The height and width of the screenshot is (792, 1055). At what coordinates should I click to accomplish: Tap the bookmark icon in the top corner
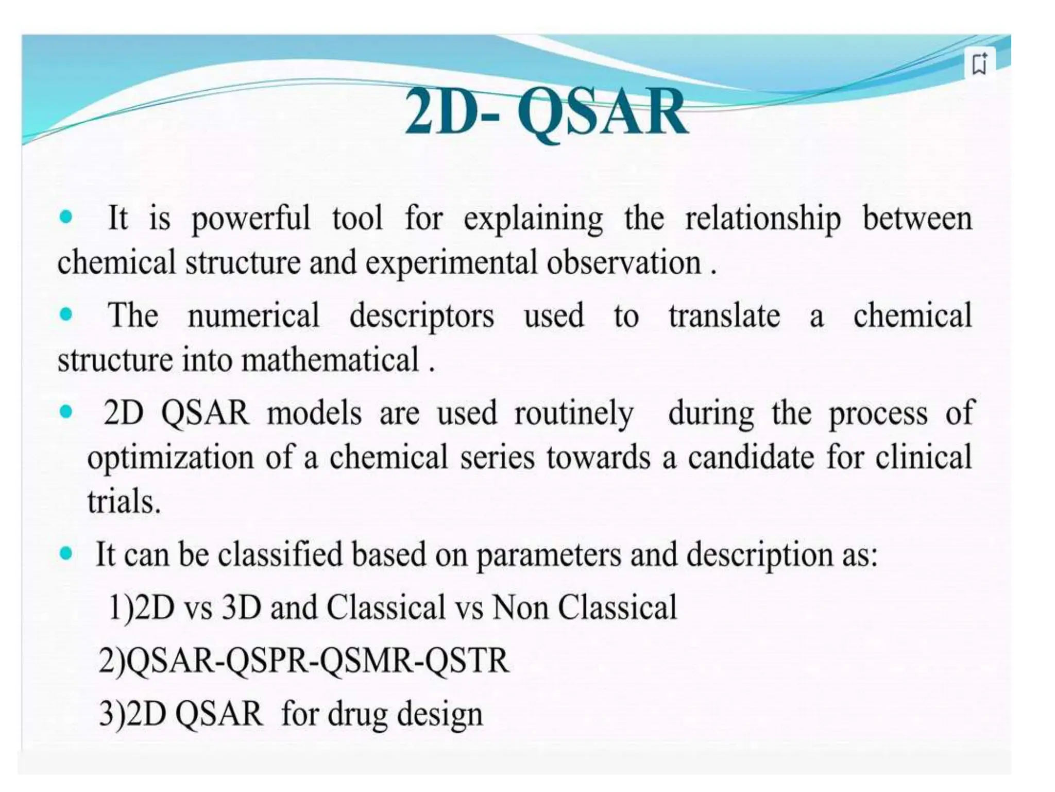[x=979, y=64]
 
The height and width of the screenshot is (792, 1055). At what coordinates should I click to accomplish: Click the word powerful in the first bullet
[x=251, y=219]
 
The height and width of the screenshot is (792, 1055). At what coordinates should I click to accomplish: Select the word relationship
[x=762, y=219]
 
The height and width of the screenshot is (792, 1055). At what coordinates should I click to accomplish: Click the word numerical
[x=253, y=316]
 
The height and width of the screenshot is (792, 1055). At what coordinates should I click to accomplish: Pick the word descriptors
[x=421, y=317]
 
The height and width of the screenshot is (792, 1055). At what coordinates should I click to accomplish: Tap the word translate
[x=724, y=316]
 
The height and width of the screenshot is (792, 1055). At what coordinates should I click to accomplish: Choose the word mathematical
[x=330, y=360]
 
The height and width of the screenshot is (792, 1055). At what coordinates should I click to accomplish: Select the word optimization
[x=171, y=458]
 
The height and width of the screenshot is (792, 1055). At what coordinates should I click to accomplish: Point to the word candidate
[x=751, y=457]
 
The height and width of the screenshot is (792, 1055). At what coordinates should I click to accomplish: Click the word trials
[x=124, y=501]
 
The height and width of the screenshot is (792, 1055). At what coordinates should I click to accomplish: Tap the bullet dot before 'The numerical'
[x=66, y=313]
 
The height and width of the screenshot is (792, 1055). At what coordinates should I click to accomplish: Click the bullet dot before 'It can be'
[x=66, y=554]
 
